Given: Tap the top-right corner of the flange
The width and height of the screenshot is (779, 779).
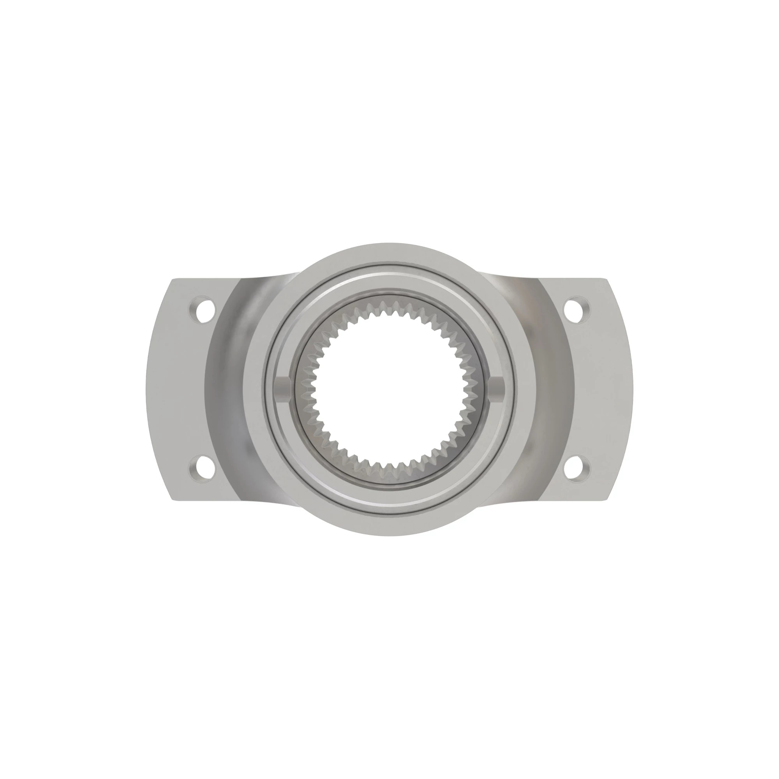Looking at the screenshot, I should coord(606,279).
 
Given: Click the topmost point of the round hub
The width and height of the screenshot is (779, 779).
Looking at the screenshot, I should coord(389,243).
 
